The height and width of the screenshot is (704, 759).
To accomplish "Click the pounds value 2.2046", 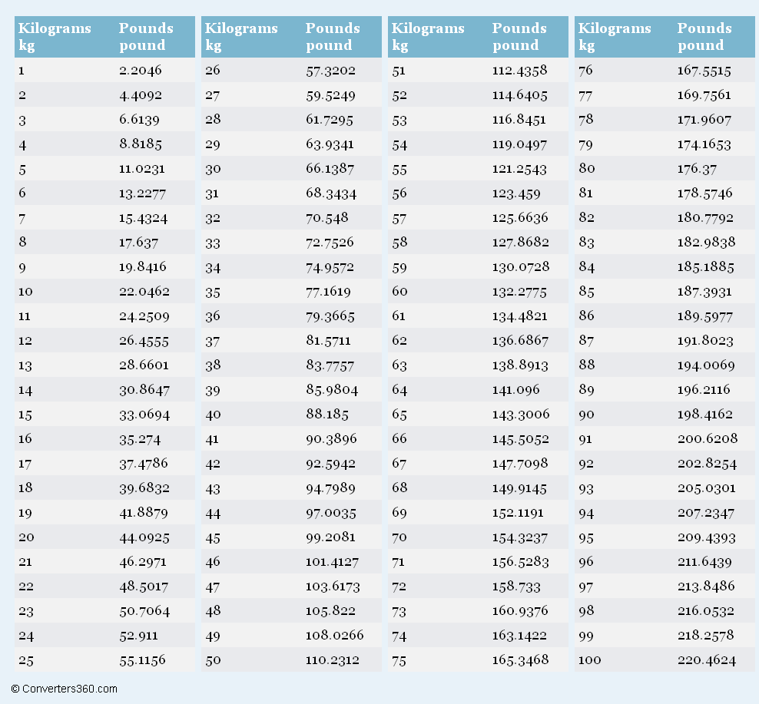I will (141, 71).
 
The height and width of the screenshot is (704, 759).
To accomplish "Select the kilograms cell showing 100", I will (590, 659).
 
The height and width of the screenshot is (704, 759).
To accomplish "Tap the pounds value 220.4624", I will (707, 659).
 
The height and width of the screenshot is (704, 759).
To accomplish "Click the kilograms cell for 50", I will (213, 659).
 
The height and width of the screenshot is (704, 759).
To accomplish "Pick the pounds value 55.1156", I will (142, 659).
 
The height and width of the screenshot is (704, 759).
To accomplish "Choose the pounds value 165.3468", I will (521, 659).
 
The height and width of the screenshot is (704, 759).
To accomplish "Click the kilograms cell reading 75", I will (399, 659).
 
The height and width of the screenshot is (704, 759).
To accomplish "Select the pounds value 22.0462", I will (144, 292).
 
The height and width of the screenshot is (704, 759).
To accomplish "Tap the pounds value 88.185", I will (327, 415).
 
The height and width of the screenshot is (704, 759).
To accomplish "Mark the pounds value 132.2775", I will (521, 292).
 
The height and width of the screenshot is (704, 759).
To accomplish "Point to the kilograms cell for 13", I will (25, 365).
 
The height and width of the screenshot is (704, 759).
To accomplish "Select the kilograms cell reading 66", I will (399, 439).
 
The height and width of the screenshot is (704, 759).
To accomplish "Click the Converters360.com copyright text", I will (65, 689).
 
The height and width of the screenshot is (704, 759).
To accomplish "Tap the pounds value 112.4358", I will (520, 71).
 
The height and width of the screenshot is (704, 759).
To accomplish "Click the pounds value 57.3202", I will (331, 71).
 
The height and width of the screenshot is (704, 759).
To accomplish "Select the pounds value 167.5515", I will (704, 71).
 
